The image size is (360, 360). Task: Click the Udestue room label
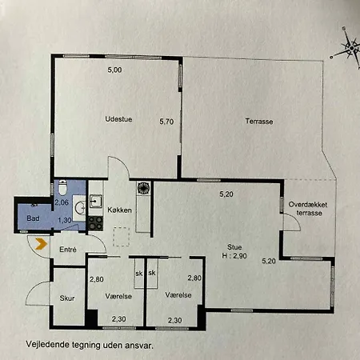tap(118, 119)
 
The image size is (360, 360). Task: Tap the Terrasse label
tap(259, 122)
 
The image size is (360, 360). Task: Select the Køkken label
tap(119, 210)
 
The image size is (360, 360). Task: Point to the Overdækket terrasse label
tap(308, 209)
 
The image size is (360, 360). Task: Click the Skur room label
tap(67, 298)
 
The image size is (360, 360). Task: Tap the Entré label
tap(68, 250)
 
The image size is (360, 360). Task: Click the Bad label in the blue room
tap(33, 218)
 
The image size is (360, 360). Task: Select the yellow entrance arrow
tap(41, 244)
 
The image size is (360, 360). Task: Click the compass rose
tap(350, 49)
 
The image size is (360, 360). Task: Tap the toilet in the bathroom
tap(62, 187)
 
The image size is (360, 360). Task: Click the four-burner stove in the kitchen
tap(95, 223)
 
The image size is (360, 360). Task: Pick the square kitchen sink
tap(96, 202)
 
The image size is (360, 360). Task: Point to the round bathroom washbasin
tap(80, 207)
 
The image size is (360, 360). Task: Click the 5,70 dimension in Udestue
tap(166, 122)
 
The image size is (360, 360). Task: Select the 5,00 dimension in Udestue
tap(114, 70)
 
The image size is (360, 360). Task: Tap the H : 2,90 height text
tap(234, 256)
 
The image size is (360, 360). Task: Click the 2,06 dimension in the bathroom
tap(62, 202)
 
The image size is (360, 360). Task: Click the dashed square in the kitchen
tap(122, 237)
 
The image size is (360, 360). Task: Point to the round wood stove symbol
tap(143, 188)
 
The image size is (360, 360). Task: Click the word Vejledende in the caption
tap(47, 345)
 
